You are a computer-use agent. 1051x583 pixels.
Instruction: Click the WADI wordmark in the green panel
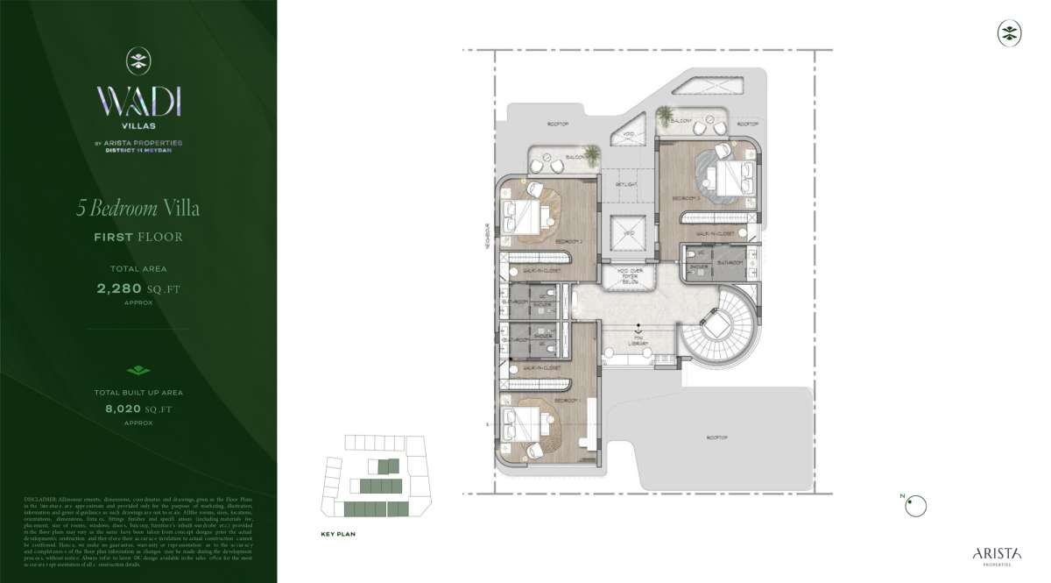click(x=138, y=102)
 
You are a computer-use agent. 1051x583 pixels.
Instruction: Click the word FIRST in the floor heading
click(x=114, y=237)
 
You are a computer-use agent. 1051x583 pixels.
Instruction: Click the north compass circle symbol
click(x=915, y=506)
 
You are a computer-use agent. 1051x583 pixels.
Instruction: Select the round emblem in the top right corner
click(x=1010, y=33)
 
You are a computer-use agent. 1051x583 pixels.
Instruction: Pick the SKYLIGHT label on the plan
click(x=625, y=185)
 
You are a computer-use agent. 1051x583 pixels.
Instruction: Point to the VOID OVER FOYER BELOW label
click(x=630, y=276)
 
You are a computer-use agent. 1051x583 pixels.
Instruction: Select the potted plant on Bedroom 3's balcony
click(x=665, y=114)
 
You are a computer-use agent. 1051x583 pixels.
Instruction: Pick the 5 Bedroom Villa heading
click(x=137, y=209)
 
